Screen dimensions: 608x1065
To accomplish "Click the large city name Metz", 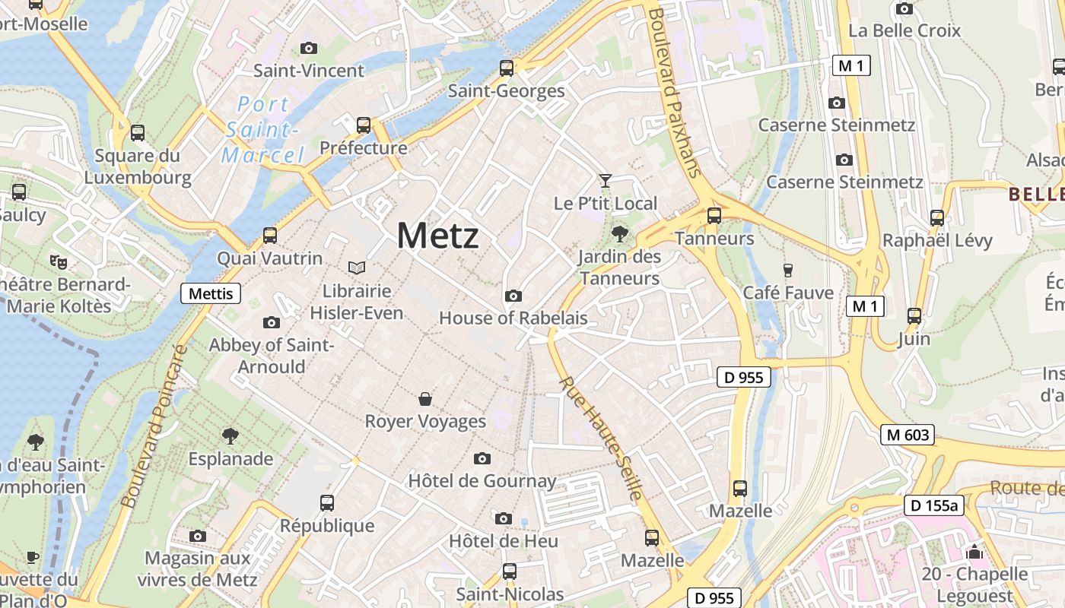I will tap(438, 236).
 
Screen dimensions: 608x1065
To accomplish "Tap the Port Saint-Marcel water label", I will tap(262, 130).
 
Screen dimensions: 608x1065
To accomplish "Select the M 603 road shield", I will tap(908, 435).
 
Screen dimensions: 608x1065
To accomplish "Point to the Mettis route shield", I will tap(211, 293).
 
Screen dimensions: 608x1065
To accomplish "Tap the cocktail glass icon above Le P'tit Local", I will tap(605, 180).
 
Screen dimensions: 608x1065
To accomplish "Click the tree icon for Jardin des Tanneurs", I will tap(620, 233).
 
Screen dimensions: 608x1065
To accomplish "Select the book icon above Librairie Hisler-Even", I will tap(357, 268).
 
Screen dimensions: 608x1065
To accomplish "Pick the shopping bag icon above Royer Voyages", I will tap(425, 399).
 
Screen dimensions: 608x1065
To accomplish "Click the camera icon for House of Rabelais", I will tap(513, 296).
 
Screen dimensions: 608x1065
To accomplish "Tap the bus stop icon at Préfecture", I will tap(364, 125).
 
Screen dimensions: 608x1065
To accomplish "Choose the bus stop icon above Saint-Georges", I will tap(507, 68).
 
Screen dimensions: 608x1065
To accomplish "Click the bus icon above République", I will tap(327, 502).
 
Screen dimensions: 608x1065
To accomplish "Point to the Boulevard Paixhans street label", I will tap(673, 91).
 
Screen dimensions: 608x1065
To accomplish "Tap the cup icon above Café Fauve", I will tap(788, 270).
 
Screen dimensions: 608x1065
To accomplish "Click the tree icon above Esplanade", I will tap(230, 436).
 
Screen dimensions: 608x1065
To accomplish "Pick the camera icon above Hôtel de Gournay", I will tap(482, 458).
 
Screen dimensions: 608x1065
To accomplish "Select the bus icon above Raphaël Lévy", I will tap(937, 218).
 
